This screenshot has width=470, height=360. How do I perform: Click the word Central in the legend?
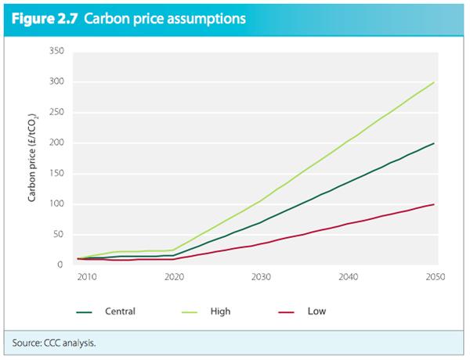click(120, 311)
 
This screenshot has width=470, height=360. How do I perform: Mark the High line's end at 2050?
click(434, 82)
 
